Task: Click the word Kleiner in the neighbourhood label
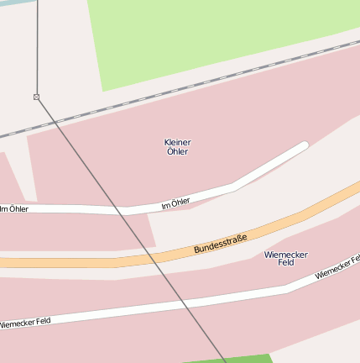tap(178, 142)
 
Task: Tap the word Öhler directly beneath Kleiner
tap(178, 151)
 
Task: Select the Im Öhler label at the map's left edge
tap(14, 208)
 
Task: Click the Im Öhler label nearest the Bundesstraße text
tap(175, 203)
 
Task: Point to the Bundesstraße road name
tap(221, 245)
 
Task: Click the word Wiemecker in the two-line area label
tap(285, 254)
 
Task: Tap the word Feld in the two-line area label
tap(285, 263)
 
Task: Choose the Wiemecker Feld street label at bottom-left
tap(25, 322)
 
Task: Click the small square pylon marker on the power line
tap(36, 97)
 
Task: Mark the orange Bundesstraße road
tap(84, 262)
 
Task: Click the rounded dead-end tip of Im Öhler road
tap(304, 146)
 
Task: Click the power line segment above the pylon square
tap(37, 50)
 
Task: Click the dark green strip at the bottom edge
tap(252, 359)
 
